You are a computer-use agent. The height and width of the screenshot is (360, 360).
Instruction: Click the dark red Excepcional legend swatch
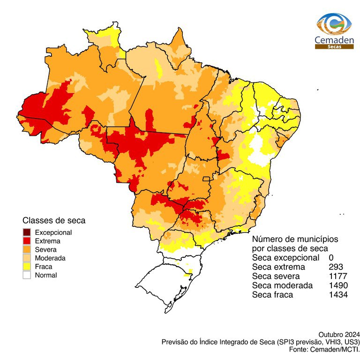(x=27, y=232)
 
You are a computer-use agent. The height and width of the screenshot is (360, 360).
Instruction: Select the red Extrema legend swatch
(x=27, y=241)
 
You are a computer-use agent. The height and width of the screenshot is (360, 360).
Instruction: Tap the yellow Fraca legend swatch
(x=27, y=267)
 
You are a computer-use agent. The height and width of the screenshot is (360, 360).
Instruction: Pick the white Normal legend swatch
(x=27, y=275)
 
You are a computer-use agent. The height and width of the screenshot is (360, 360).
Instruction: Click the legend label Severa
(x=46, y=249)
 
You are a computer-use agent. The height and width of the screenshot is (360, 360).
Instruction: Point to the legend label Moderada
(x=50, y=258)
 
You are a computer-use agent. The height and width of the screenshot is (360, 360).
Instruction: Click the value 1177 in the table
(x=338, y=276)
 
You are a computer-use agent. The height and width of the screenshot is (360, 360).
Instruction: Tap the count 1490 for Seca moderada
(x=338, y=285)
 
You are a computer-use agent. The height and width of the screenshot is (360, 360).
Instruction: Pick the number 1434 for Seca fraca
(x=338, y=295)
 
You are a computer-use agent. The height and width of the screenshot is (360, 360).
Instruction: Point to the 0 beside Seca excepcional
(x=331, y=258)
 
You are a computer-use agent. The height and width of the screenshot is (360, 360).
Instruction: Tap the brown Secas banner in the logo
(x=334, y=47)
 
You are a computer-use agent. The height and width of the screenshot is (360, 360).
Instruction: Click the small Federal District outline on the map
(x=206, y=179)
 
